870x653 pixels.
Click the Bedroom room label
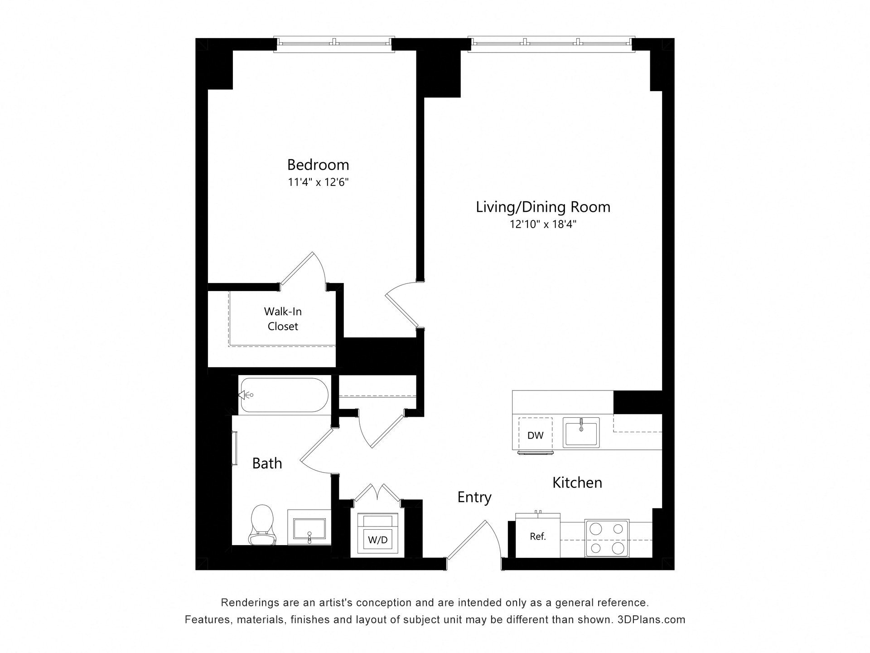point(318,164)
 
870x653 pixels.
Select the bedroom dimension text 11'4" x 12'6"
point(318,182)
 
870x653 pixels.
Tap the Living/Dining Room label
point(543,207)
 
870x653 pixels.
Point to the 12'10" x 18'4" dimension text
point(543,224)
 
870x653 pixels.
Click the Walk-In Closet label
point(283,319)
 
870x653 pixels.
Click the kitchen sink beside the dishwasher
point(581,433)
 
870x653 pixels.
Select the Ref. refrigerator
point(538,536)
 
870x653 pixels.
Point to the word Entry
point(474,497)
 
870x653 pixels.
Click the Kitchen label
point(577,482)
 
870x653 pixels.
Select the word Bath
point(267,463)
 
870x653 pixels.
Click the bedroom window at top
point(334,42)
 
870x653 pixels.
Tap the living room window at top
point(551,42)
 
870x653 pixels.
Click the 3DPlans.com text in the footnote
point(651,619)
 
